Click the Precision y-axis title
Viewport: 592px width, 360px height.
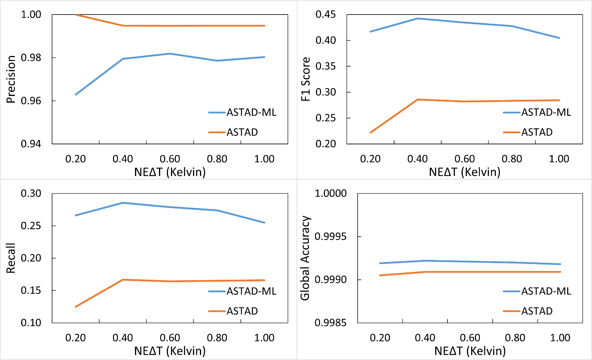click(11, 79)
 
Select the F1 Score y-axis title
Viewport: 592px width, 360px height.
click(306, 79)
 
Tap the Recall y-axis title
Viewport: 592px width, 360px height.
click(11, 258)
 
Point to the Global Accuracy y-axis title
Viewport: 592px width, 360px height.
click(305, 258)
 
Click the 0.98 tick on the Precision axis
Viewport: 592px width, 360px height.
click(31, 58)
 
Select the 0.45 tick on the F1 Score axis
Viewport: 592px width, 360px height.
click(325, 14)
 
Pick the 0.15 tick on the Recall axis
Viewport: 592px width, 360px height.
click(31, 290)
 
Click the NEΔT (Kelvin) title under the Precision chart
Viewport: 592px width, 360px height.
click(170, 172)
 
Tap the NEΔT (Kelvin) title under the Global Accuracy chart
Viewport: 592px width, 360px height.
click(470, 351)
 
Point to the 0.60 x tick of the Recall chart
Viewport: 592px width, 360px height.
click(170, 338)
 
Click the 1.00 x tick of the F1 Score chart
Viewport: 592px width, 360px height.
click(559, 159)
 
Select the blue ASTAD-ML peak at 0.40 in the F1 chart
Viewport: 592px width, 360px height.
click(418, 19)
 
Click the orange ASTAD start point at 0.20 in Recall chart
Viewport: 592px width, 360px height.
click(76, 307)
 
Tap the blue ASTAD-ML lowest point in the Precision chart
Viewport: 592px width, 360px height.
click(76, 95)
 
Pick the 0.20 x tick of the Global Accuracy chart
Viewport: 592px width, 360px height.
click(380, 338)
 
